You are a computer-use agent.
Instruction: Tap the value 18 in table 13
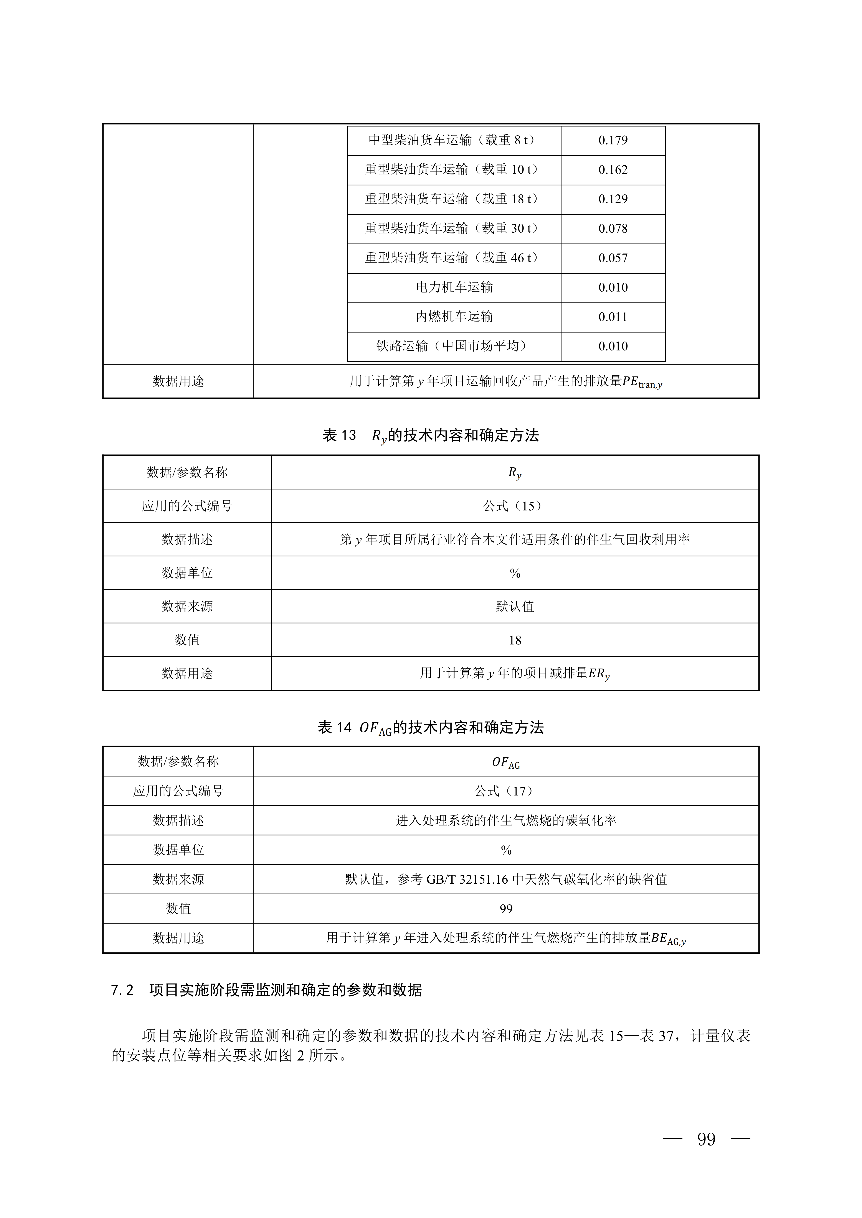click(515, 640)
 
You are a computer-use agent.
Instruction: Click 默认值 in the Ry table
click(515, 606)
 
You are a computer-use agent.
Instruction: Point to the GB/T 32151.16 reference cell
click(506, 879)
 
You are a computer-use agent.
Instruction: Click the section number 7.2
click(122, 990)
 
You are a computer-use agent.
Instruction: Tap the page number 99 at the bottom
click(706, 1139)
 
